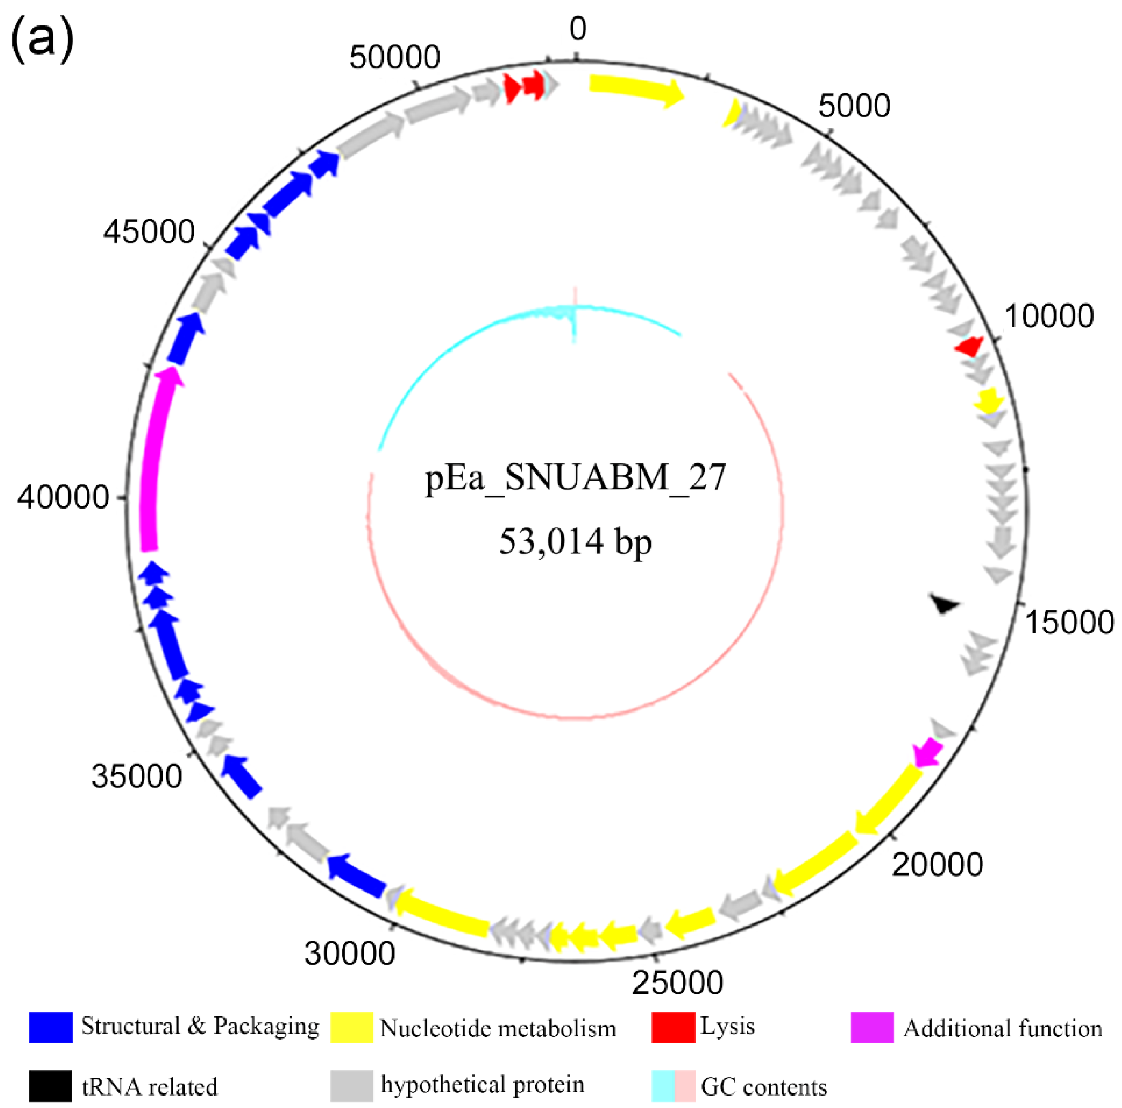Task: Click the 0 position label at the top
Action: pos(577,29)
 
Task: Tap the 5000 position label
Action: pos(854,106)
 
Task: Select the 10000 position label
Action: pos(1049,317)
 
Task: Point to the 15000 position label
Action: pos(1069,622)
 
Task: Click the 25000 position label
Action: pos(677,982)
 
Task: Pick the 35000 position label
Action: pos(136,776)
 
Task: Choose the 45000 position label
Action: pos(149,232)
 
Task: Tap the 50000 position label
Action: pos(395,58)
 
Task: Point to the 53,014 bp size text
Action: pos(575,541)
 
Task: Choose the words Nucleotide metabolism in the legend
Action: pos(498,1028)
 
